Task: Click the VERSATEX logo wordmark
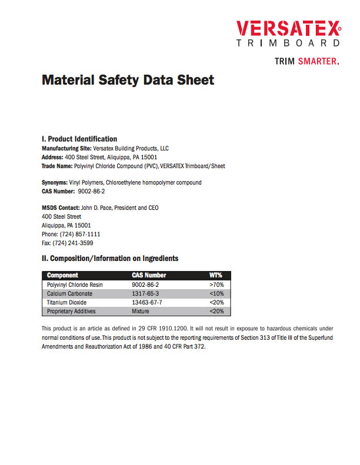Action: [x=288, y=28]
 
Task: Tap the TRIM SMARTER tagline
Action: [x=307, y=61]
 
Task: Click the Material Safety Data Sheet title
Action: [x=128, y=79]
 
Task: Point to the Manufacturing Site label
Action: [x=66, y=149]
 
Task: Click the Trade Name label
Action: [x=56, y=166]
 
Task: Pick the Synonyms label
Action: [x=54, y=183]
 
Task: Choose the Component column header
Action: [x=62, y=275]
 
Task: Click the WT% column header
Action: [x=216, y=275]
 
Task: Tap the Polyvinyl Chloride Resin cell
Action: [x=75, y=285]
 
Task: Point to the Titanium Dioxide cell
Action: [x=66, y=302]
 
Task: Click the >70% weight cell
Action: [x=216, y=285]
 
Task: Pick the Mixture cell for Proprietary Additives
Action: [x=141, y=311]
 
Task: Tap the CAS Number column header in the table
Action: [x=149, y=275]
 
